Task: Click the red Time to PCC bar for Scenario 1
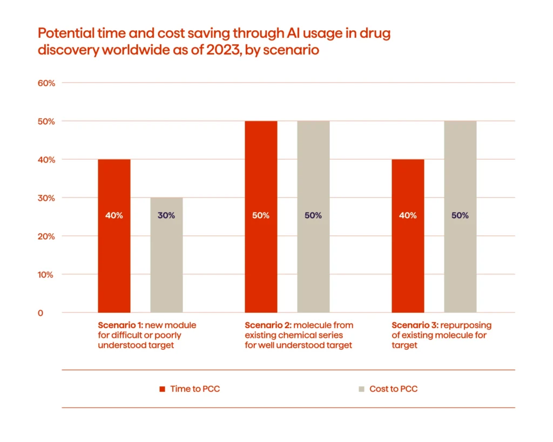[x=114, y=254]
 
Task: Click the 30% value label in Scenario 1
[x=166, y=215]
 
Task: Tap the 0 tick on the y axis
[x=41, y=313]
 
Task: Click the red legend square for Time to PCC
[x=161, y=389]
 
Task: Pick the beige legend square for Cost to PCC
[x=361, y=389]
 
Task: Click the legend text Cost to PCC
[x=393, y=389]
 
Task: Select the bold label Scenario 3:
[x=414, y=325]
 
